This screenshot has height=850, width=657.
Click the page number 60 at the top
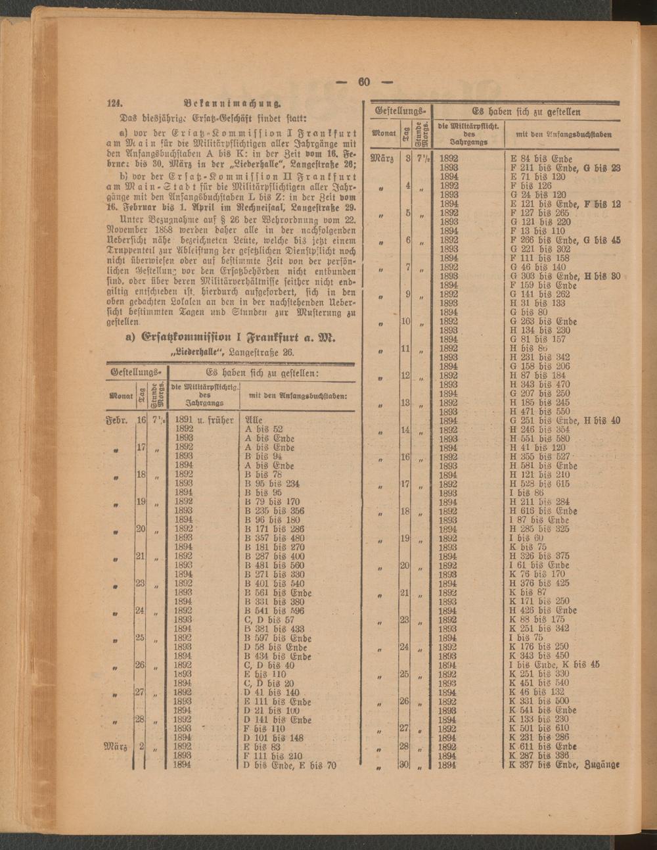(x=364, y=82)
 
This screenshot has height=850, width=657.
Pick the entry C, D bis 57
(x=269, y=619)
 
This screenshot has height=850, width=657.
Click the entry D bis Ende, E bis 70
(x=290, y=765)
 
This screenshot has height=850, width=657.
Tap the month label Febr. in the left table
(x=118, y=419)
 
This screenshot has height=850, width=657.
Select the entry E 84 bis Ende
(x=541, y=158)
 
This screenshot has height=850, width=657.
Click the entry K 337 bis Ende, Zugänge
(x=564, y=765)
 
